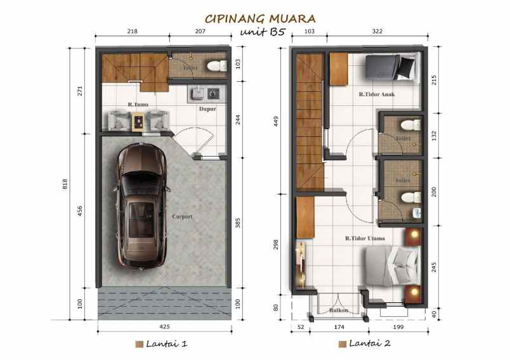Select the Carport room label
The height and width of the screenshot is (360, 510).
pos(181,217)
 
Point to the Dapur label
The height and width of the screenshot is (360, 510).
pos(207,109)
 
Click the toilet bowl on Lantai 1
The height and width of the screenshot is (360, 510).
pos(216,65)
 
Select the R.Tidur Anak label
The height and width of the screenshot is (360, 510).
pos(374,95)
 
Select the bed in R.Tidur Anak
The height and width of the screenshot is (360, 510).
pos(391,67)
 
